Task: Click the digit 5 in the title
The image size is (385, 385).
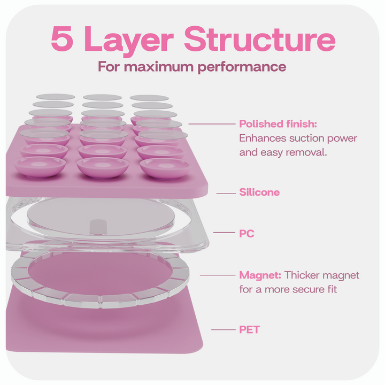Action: click(62, 38)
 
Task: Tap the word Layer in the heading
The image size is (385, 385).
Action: click(129, 41)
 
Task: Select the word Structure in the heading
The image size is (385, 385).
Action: click(259, 38)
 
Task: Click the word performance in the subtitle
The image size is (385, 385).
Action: click(242, 67)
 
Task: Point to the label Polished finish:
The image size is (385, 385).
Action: click(278, 124)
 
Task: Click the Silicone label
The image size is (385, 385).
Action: click(259, 192)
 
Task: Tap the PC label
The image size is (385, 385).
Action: click(247, 233)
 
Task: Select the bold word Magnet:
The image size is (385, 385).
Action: click(260, 275)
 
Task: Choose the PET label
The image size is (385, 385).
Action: click(249, 329)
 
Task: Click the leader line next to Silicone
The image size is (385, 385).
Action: click(226, 194)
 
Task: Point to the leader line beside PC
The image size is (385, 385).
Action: click(224, 232)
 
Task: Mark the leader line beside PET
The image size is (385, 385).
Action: click(223, 329)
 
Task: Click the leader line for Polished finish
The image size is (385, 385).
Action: click(212, 124)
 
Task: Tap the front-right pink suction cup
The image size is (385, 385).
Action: click(165, 168)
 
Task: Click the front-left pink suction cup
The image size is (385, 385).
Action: click(40, 167)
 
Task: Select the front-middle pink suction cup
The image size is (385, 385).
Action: click(103, 168)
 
